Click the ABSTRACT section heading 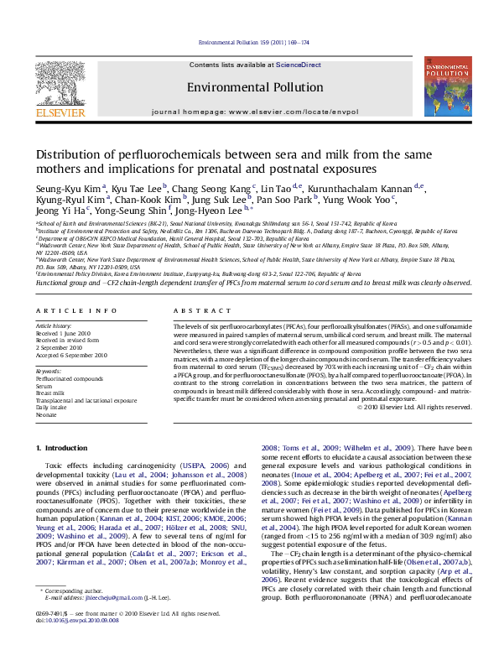tap(196, 310)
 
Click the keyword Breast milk tap(52, 391)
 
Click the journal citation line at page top tap(248, 42)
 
